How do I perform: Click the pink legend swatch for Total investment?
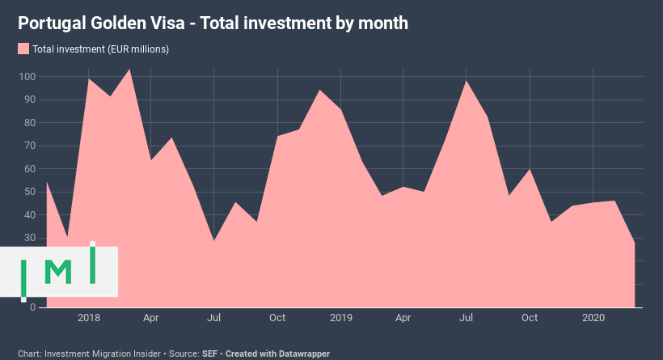pyautogui.click(x=23, y=49)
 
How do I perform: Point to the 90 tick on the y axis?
pyautogui.click(x=29, y=100)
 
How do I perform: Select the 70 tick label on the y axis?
pyautogui.click(x=29, y=146)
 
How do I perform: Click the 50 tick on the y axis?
pyautogui.click(x=29, y=192)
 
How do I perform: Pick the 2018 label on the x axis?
pyautogui.click(x=88, y=318)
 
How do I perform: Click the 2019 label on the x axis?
pyautogui.click(x=340, y=318)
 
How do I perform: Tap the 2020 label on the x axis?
pyautogui.click(x=593, y=318)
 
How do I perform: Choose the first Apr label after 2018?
pyautogui.click(x=151, y=318)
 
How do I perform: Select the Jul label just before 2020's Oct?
pyautogui.click(x=467, y=318)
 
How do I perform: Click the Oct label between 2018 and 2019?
pyautogui.click(x=277, y=318)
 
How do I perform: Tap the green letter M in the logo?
pyautogui.click(x=58, y=272)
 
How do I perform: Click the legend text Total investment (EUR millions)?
pyautogui.click(x=100, y=49)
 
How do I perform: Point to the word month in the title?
pyautogui.click(x=380, y=23)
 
